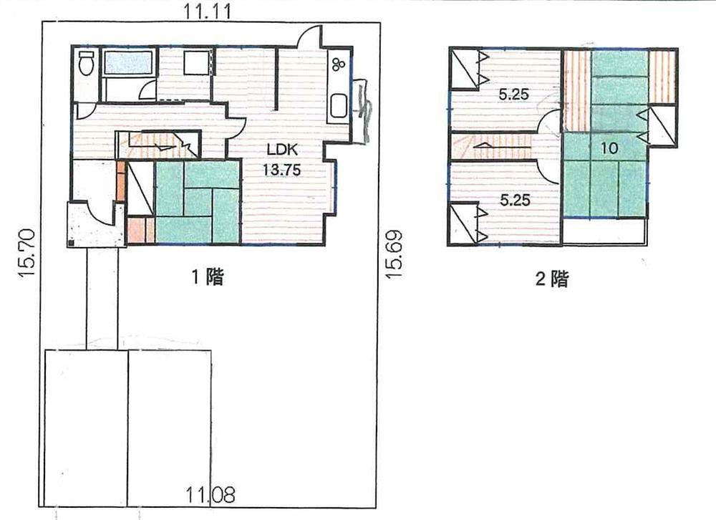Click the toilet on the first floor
87,64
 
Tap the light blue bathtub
128,62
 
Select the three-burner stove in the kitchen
339,64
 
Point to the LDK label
282,150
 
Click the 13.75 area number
281,170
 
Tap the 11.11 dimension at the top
208,11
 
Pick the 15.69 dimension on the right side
394,254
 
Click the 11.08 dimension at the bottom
211,494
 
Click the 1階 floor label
208,276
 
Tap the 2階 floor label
552,279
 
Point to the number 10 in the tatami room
609,148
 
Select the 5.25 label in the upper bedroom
513,95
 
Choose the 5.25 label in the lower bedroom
515,200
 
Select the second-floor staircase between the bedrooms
491,146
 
